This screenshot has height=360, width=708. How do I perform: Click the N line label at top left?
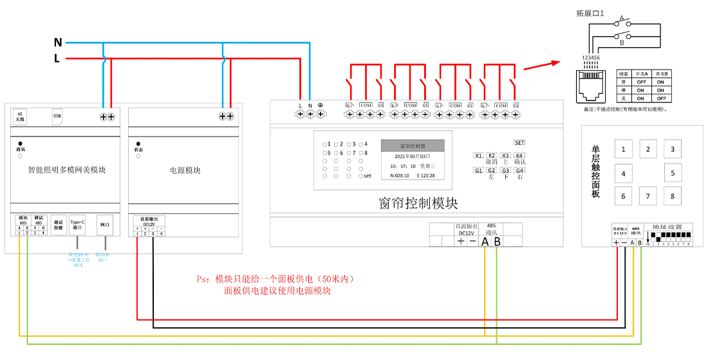(58, 43)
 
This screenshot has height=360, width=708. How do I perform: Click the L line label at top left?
(57, 59)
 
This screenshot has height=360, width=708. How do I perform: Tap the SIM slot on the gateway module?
(57, 116)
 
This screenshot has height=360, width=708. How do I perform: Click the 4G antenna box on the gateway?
(21, 117)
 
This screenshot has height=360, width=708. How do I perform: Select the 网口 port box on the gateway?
(105, 225)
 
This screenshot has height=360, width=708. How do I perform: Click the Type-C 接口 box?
(77, 225)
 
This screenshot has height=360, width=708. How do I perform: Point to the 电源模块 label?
(185, 171)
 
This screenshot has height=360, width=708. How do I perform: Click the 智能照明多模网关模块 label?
(67, 171)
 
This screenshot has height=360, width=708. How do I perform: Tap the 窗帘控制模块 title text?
(418, 203)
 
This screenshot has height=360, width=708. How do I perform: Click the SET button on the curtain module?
(519, 142)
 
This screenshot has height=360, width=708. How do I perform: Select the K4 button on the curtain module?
(519, 156)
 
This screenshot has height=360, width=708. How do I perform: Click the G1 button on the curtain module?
(478, 171)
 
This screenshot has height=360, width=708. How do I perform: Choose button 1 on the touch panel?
(623, 150)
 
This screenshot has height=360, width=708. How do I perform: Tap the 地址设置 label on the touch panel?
(671, 227)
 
